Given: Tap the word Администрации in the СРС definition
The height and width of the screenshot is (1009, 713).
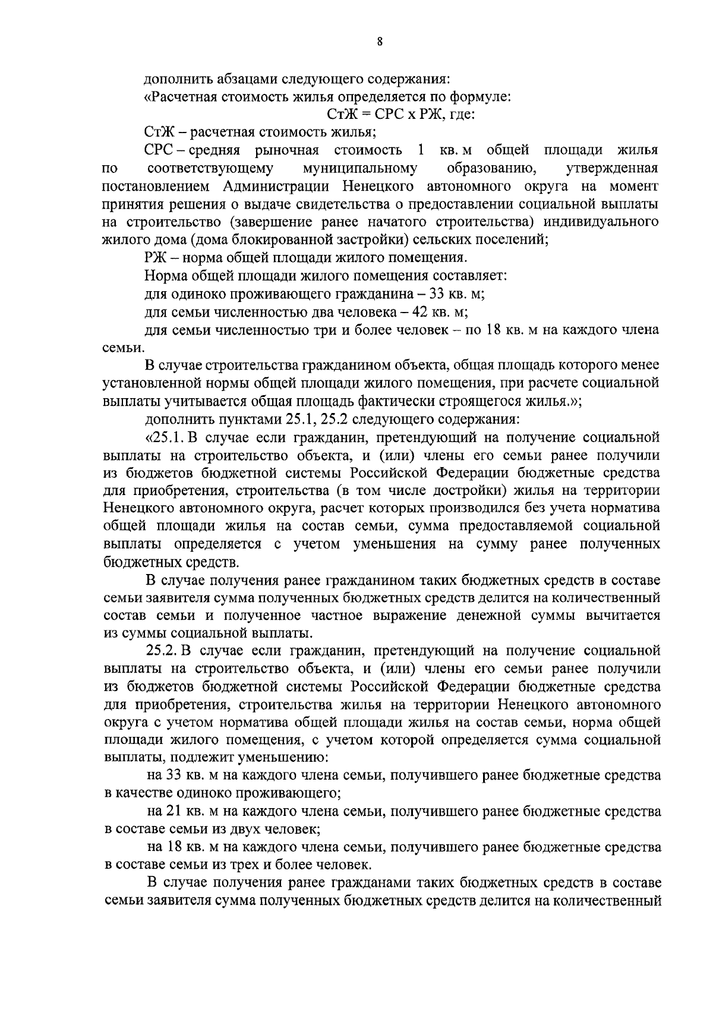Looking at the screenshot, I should tap(277, 187).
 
